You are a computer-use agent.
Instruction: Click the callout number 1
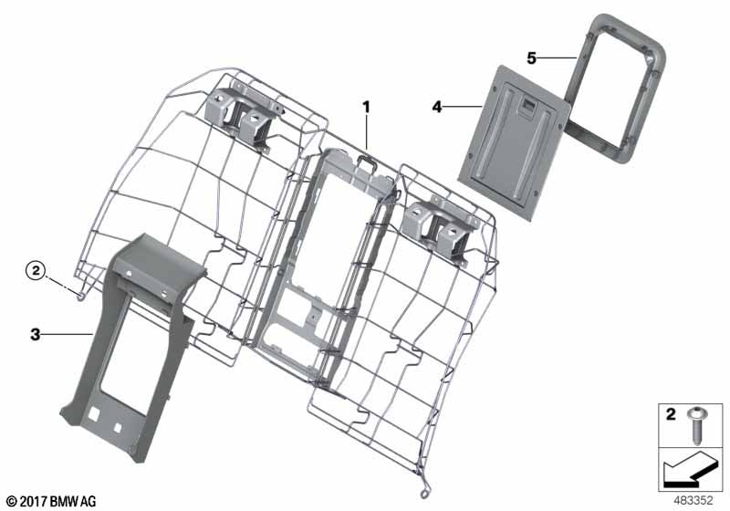click(x=367, y=107)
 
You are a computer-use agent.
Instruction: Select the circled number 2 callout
click(x=36, y=270)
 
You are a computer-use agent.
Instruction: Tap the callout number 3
click(x=36, y=334)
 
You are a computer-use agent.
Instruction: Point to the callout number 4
click(x=437, y=107)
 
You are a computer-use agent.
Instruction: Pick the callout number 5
click(x=532, y=58)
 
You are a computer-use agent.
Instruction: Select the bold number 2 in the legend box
click(x=671, y=413)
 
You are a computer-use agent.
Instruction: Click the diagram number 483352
click(x=693, y=501)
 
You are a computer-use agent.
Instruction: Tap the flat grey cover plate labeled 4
click(x=515, y=141)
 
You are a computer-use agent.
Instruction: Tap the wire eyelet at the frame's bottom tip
click(x=424, y=494)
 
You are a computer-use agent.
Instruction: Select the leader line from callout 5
click(x=558, y=57)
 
